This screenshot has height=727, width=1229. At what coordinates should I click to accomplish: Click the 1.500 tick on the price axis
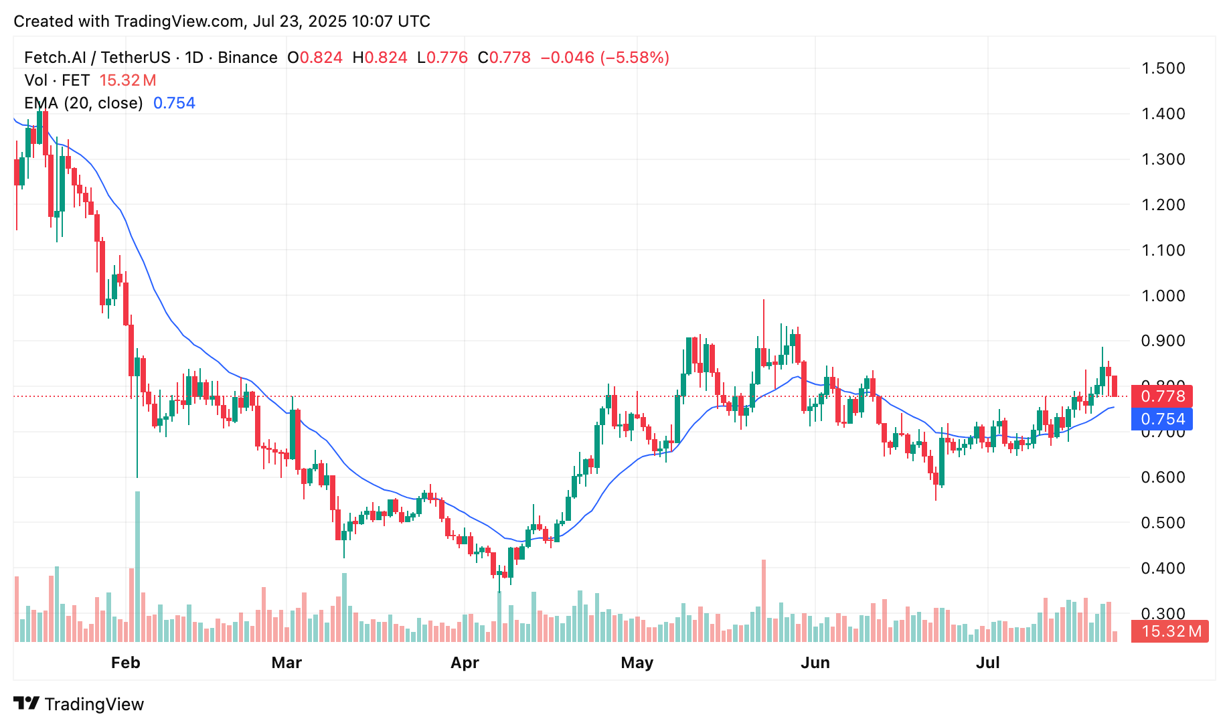1163,68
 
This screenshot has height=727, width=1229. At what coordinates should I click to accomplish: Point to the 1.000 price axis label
1163,296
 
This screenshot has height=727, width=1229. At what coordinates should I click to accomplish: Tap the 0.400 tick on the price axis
1163,568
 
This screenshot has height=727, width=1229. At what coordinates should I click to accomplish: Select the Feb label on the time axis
125,663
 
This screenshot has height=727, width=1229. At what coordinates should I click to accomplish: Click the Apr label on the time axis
465,663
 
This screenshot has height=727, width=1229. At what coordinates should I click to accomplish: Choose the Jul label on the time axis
987,663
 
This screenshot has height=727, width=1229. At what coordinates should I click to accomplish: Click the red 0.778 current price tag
1162,396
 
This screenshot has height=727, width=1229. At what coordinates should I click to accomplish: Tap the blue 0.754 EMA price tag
1162,419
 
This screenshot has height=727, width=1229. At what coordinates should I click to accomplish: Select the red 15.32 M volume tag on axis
1170,631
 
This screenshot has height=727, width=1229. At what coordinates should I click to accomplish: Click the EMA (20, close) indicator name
83,103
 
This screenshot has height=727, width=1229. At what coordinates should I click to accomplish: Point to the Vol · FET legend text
57,80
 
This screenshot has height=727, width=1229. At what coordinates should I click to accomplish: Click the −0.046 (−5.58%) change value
604,58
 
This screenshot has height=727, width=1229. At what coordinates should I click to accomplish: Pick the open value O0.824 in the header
315,58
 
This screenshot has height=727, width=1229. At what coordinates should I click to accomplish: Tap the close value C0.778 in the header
504,58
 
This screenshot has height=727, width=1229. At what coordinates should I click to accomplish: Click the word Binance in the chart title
248,58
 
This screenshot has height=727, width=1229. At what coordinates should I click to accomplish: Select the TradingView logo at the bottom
79,704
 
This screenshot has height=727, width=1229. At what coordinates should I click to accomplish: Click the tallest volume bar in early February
137,566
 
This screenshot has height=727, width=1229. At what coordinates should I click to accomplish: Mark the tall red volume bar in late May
763,600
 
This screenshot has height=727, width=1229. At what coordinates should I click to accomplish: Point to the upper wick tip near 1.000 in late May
763,301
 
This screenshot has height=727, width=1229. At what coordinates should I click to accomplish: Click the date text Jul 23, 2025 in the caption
299,21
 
